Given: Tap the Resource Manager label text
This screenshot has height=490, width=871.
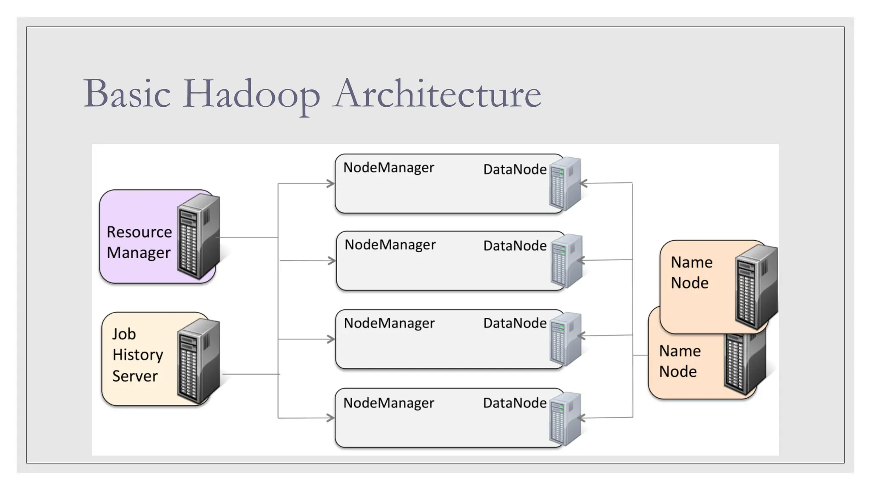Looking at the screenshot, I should pyautogui.click(x=139, y=242).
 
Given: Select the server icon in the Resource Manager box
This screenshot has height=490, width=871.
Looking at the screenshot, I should pyautogui.click(x=199, y=236).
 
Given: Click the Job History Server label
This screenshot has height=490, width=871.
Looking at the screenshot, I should pyautogui.click(x=137, y=355).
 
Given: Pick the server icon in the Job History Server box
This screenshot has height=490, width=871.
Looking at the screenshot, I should pyautogui.click(x=199, y=361).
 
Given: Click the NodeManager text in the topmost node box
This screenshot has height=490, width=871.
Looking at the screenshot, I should pyautogui.click(x=389, y=168).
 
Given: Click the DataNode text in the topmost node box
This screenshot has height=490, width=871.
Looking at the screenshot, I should pyautogui.click(x=515, y=169).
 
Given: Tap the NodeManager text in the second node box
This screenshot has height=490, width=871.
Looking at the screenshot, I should pyautogui.click(x=390, y=245).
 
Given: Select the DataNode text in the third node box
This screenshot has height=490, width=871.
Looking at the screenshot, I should pyautogui.click(x=515, y=323).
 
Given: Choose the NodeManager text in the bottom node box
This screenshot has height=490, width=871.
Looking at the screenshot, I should pyautogui.click(x=389, y=403).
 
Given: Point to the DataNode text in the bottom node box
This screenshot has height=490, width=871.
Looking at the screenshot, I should pyautogui.click(x=515, y=403).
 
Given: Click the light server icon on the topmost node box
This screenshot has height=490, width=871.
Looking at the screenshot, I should pyautogui.click(x=565, y=183).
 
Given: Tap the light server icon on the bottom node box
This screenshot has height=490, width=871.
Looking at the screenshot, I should pyautogui.click(x=565, y=419).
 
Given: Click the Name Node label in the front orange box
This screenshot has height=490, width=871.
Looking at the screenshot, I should pyautogui.click(x=691, y=273).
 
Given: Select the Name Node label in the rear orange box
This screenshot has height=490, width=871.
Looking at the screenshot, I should pyautogui.click(x=679, y=361).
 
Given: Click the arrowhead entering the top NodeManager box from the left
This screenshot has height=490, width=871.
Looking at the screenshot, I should pyautogui.click(x=331, y=184).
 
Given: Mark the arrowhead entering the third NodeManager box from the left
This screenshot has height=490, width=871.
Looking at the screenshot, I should pyautogui.click(x=331, y=339).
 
